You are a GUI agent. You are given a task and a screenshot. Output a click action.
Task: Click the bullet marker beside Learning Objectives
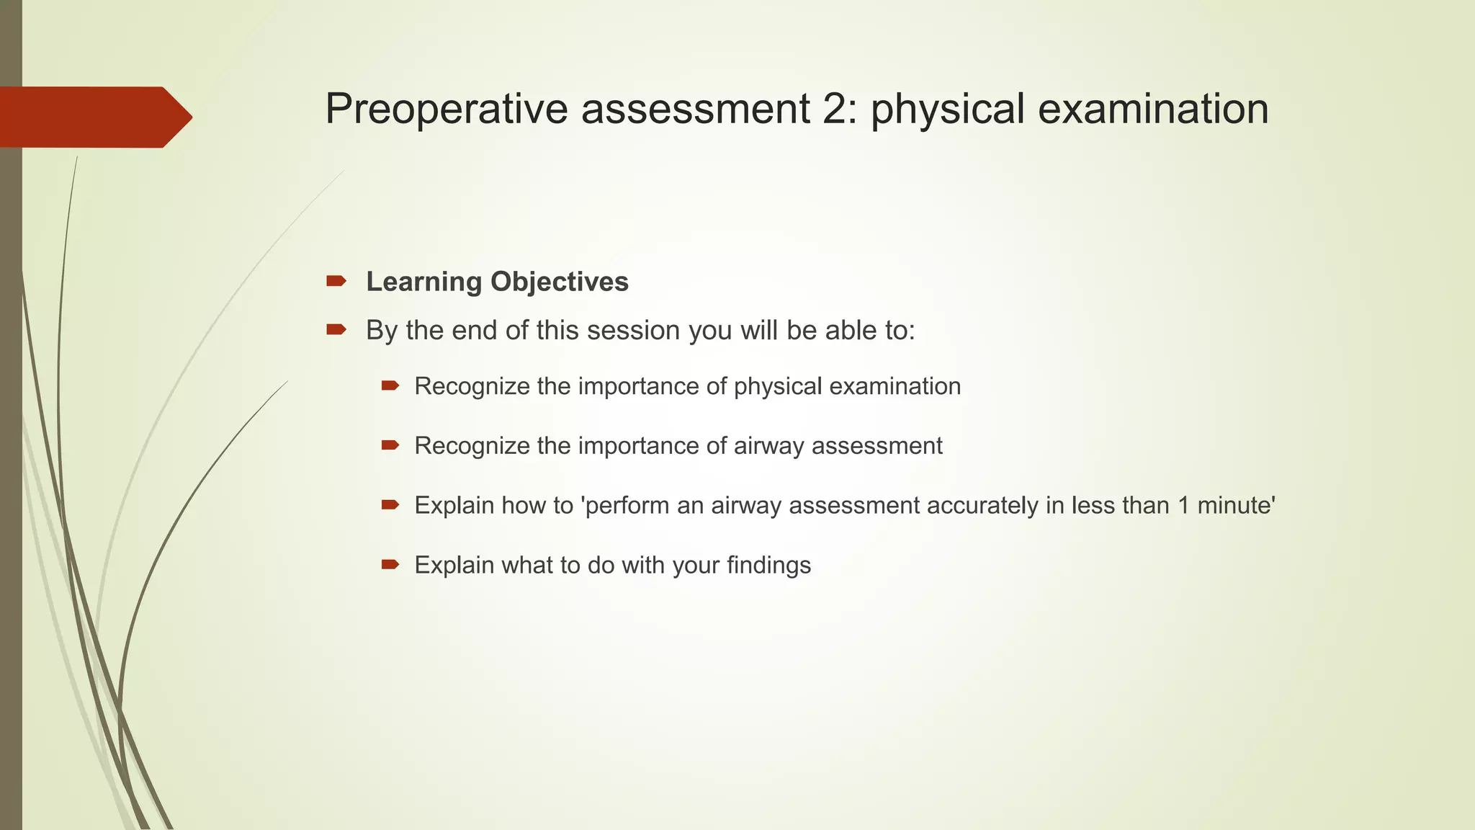coord(336,281)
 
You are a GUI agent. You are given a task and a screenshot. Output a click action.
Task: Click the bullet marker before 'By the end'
coord(336,330)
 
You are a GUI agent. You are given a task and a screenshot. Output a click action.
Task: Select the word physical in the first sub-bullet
coord(778,387)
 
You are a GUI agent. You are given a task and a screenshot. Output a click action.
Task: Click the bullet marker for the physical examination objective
coord(390,386)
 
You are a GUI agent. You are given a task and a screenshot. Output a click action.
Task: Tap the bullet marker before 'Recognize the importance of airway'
coord(390,446)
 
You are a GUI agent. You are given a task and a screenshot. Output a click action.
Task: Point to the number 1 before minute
coord(1183,506)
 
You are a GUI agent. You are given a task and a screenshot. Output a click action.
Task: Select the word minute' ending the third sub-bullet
coord(1236,506)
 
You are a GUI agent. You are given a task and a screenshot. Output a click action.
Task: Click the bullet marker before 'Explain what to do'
coord(390,565)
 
